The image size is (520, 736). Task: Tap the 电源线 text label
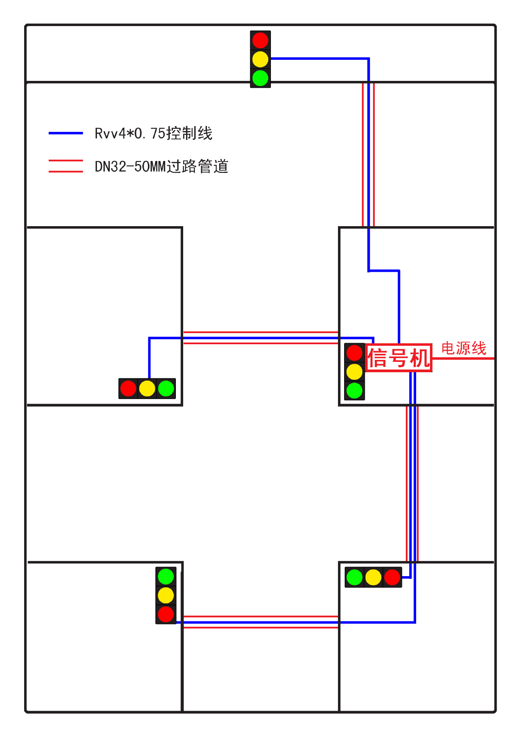click(x=464, y=348)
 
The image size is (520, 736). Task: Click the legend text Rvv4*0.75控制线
click(x=153, y=133)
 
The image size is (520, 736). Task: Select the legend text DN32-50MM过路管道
click(x=161, y=166)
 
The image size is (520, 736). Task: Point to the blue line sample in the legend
click(x=66, y=133)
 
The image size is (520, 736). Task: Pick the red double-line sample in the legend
click(x=66, y=166)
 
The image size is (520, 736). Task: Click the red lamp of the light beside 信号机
click(x=354, y=353)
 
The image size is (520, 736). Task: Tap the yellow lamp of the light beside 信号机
click(x=354, y=371)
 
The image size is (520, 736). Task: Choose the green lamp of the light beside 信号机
click(x=354, y=391)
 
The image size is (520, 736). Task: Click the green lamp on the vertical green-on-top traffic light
click(x=166, y=577)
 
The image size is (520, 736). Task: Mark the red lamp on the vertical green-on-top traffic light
click(x=166, y=614)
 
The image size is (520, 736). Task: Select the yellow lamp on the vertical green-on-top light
click(x=166, y=595)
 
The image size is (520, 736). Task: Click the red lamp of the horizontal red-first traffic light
click(x=128, y=388)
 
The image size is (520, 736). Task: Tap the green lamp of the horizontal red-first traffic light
click(x=166, y=388)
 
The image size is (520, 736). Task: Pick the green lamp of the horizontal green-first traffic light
click(x=354, y=577)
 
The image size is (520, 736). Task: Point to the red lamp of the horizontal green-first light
click(x=392, y=577)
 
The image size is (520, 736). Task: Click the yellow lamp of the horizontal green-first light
click(x=373, y=577)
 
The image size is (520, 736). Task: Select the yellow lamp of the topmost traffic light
click(x=261, y=59)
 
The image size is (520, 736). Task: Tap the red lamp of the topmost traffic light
click(x=261, y=40)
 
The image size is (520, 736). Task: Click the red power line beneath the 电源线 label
click(x=463, y=358)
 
